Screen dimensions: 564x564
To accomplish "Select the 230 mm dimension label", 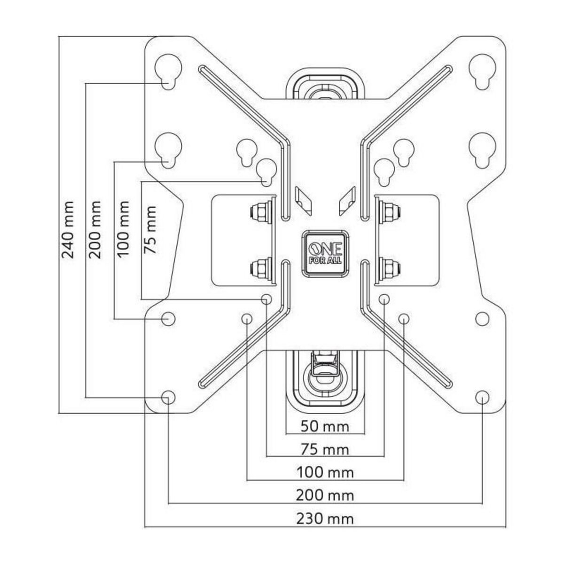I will pyautogui.click(x=325, y=519).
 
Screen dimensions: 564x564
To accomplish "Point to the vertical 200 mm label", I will pyautogui.click(x=95, y=230).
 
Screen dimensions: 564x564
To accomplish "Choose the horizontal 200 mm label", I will pyautogui.click(x=325, y=495).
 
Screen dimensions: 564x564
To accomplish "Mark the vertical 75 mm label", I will pyautogui.click(x=151, y=230).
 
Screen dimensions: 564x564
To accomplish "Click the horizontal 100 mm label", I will pyautogui.click(x=325, y=471).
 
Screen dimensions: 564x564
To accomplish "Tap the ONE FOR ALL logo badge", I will pyautogui.click(x=325, y=253).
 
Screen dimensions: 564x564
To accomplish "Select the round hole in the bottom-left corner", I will pyautogui.click(x=168, y=397).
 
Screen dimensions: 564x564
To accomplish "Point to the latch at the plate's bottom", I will pyautogui.click(x=325, y=371).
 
